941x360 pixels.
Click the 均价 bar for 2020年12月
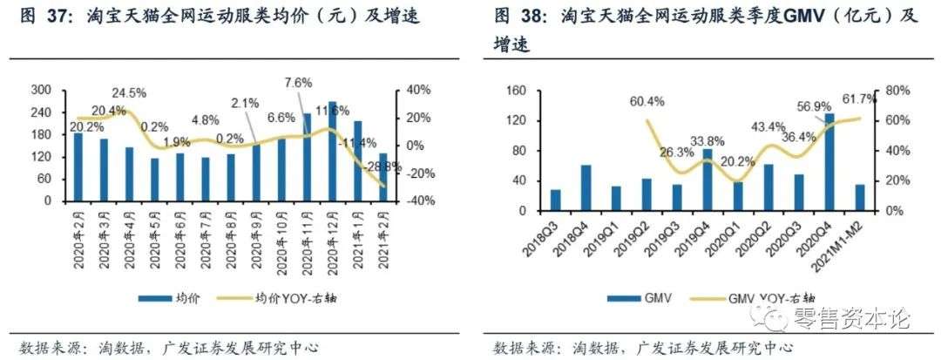tap(332, 152)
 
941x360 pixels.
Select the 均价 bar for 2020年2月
tap(78, 166)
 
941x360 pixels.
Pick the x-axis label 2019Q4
tap(706, 232)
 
